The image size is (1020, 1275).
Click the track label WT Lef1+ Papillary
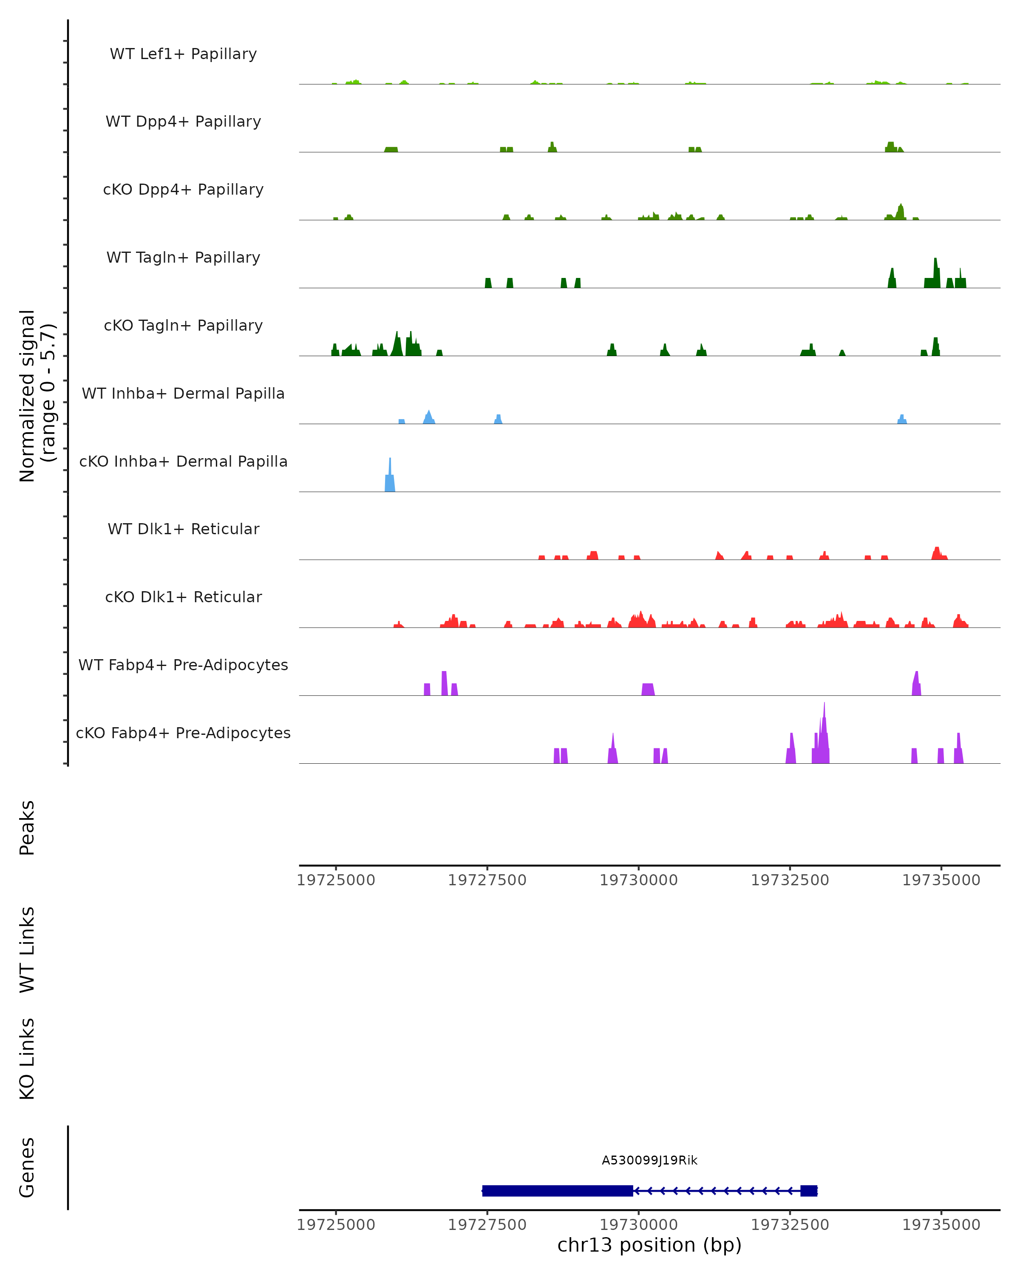tap(183, 54)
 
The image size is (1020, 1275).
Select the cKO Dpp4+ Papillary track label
tap(183, 190)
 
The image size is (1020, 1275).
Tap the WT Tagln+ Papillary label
tap(183, 258)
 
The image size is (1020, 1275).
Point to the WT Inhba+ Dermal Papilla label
tap(183, 394)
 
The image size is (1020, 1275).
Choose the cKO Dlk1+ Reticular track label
tap(183, 597)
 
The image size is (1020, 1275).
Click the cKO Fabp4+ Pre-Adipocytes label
tap(183, 733)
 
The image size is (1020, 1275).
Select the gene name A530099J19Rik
tap(649, 1160)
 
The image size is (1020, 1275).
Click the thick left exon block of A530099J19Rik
tap(557, 1191)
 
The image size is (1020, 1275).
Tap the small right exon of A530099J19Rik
tap(808, 1191)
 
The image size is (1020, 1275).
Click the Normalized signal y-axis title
tap(37, 396)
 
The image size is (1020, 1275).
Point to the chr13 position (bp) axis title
tap(649, 1245)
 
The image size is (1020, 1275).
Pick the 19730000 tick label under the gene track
tap(639, 1225)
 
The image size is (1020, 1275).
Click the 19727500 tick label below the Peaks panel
tap(487, 881)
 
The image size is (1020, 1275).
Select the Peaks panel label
tap(27, 828)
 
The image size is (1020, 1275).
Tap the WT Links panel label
tap(27, 950)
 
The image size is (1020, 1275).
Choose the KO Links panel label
tap(27, 1059)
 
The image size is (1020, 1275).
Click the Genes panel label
tap(27, 1167)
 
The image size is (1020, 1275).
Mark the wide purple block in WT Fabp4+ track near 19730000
tap(648, 689)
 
